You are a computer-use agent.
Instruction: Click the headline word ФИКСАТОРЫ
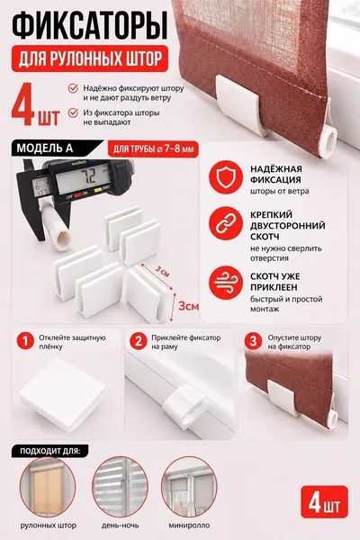(90, 26)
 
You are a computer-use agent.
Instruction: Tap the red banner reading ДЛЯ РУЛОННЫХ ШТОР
(90, 58)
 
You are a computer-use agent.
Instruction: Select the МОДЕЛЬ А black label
(55, 148)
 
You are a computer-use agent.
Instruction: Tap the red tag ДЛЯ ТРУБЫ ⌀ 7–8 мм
(153, 149)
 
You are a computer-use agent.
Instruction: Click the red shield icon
(226, 177)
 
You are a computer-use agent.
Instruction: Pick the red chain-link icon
(226, 223)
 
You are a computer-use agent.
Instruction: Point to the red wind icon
(226, 282)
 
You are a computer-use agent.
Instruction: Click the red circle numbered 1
(25, 341)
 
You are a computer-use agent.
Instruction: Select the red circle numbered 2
(139, 341)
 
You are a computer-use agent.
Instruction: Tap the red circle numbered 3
(253, 341)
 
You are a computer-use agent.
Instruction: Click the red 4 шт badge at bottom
(325, 501)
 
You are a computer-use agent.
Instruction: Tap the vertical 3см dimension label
(188, 306)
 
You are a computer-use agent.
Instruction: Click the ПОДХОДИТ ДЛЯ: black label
(50, 451)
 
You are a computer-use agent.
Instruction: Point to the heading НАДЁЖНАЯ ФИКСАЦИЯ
(276, 175)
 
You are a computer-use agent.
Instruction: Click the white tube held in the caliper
(56, 224)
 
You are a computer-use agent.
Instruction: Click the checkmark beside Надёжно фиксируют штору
(73, 88)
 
